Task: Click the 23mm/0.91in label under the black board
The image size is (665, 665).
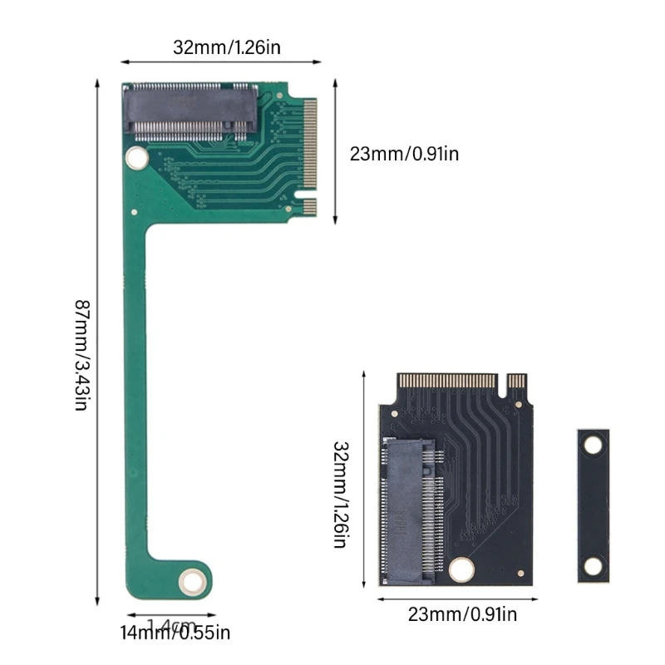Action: pos(462,615)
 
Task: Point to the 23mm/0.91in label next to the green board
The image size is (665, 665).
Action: pos(404,153)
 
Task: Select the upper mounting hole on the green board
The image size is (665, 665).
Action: pos(135,156)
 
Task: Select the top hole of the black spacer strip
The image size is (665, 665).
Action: pos(592,446)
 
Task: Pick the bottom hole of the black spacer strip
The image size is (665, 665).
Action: pos(592,567)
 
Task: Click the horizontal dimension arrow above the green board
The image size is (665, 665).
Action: pos(221,62)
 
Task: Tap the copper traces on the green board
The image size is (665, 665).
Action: pos(241,166)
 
